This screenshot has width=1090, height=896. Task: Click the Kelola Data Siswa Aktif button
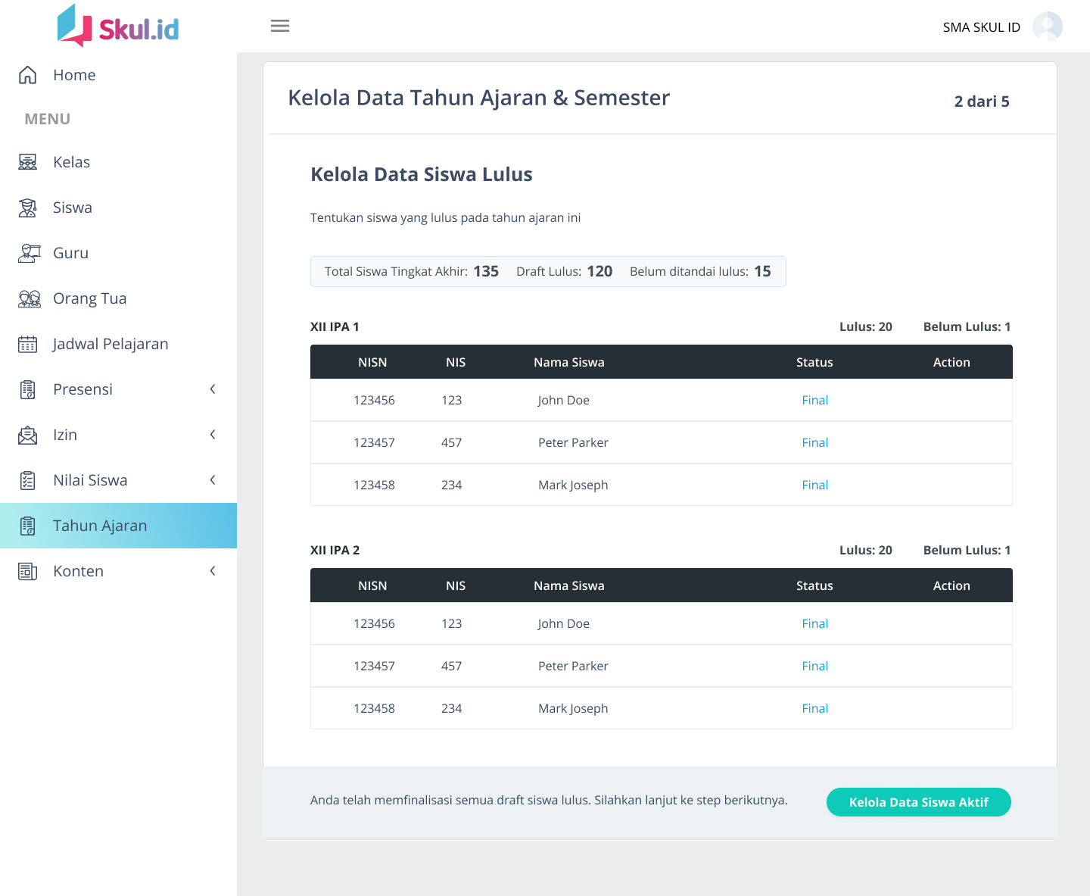(x=918, y=802)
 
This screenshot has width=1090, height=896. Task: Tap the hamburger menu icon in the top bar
(x=280, y=26)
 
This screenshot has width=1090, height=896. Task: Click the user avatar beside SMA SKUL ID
(x=1047, y=27)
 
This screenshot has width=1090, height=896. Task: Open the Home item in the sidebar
(x=74, y=75)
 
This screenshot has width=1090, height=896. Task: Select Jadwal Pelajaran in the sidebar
(x=110, y=344)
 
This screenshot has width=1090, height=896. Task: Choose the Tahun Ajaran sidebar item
(x=100, y=526)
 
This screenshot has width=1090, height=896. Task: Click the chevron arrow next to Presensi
(x=213, y=389)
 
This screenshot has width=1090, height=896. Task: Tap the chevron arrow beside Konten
(x=213, y=571)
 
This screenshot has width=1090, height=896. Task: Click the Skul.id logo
(x=119, y=27)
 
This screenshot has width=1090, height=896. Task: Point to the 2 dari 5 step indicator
(x=981, y=101)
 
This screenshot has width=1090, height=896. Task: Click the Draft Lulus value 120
(x=599, y=271)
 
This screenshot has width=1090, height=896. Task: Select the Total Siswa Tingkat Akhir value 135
(x=486, y=271)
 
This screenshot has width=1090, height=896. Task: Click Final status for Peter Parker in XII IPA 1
(x=814, y=442)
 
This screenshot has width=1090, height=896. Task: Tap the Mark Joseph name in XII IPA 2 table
(x=573, y=708)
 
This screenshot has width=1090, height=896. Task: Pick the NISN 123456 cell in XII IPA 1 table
(x=374, y=400)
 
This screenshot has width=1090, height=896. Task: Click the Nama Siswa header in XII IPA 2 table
(x=568, y=585)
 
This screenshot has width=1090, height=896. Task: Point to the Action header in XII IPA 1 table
(x=951, y=362)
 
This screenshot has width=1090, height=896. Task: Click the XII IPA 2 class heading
(x=335, y=550)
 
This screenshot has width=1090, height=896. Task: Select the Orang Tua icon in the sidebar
(x=29, y=298)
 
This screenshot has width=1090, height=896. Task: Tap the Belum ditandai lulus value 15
(x=762, y=271)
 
